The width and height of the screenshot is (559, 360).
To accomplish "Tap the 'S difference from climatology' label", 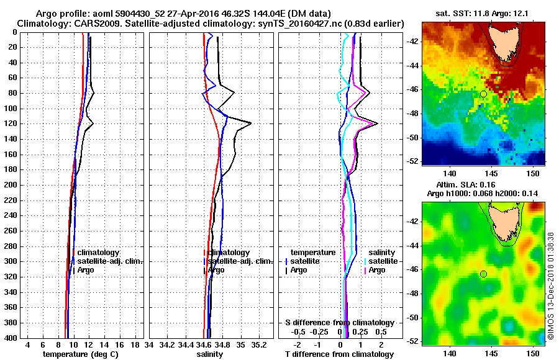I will [340, 323].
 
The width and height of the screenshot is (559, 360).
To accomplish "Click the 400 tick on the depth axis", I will [13, 338].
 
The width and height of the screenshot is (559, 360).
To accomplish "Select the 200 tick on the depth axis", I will [13, 185].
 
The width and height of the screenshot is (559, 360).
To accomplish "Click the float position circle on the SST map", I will [483, 94].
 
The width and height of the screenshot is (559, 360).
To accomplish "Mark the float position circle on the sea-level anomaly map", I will [483, 274].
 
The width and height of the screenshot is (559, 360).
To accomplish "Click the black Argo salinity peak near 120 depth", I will [250, 124].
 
